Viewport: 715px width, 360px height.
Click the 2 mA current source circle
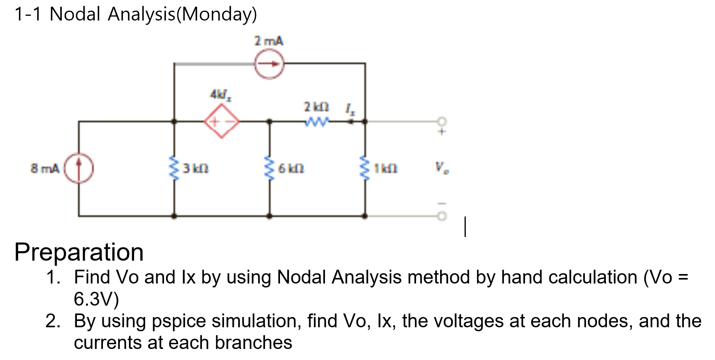[x=269, y=64]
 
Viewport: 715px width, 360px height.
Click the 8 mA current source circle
[x=79, y=168]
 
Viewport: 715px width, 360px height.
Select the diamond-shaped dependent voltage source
[x=222, y=121]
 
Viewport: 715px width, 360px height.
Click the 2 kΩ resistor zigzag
[x=316, y=122]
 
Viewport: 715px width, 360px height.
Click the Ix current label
[x=350, y=108]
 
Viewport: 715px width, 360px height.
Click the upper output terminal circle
[x=442, y=121]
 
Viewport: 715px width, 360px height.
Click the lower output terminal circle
[x=442, y=216]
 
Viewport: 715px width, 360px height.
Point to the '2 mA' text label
[x=269, y=41]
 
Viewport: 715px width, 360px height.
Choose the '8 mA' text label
[x=45, y=169]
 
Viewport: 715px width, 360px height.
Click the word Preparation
[x=79, y=252]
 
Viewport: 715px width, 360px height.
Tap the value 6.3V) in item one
[x=96, y=299]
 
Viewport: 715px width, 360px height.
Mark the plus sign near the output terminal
[x=442, y=132]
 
